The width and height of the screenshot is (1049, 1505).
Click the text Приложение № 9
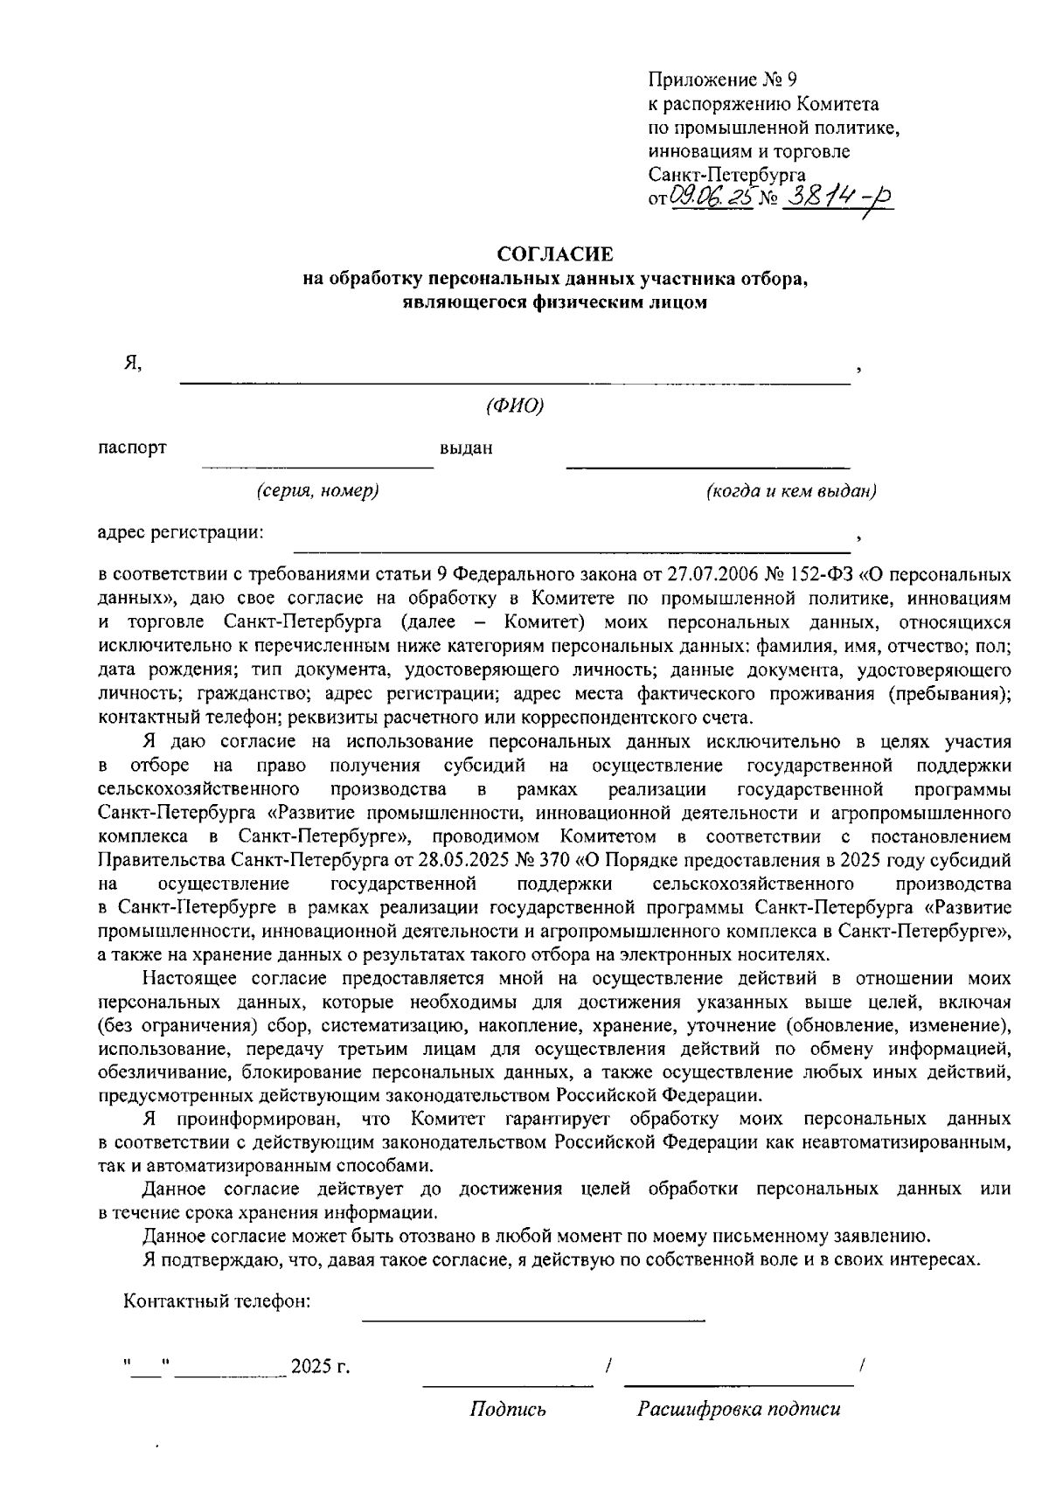pyautogui.click(x=722, y=80)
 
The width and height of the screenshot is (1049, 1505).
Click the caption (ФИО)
pyautogui.click(x=515, y=406)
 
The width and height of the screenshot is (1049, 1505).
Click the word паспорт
pyautogui.click(x=132, y=448)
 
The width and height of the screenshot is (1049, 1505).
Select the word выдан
pyautogui.click(x=466, y=449)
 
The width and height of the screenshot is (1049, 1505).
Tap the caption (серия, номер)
pyautogui.click(x=317, y=491)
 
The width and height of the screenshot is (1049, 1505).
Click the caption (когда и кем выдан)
pyautogui.click(x=791, y=491)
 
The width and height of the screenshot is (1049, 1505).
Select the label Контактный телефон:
pyautogui.click(x=218, y=1301)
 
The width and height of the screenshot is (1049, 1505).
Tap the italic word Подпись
pyautogui.click(x=508, y=1409)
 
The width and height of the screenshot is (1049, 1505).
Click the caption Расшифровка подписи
pyautogui.click(x=739, y=1409)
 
